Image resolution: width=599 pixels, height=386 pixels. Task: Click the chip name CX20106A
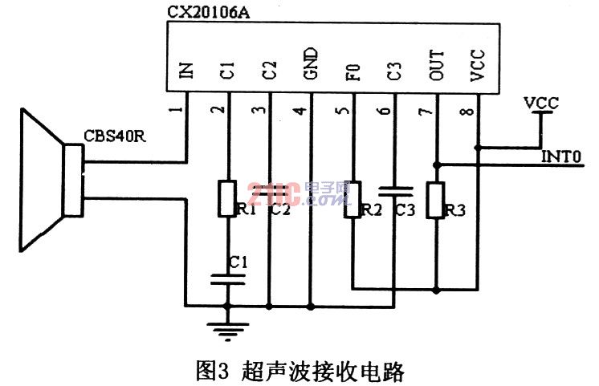(209, 12)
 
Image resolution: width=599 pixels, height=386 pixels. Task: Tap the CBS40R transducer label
(115, 136)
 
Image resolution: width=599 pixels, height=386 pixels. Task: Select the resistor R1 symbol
(227, 199)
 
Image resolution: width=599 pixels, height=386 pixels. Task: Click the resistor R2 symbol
(352, 200)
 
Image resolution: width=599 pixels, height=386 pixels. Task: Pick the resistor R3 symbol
(435, 200)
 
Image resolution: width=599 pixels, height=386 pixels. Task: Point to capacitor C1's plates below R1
(228, 279)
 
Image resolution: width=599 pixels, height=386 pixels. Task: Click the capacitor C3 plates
(396, 191)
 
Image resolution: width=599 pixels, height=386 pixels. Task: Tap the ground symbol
(228, 331)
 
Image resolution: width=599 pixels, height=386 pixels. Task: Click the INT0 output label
(561, 156)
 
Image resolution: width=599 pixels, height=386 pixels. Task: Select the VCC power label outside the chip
(541, 103)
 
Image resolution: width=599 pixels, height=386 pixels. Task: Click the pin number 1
(176, 110)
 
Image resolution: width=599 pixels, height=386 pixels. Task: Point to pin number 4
(300, 111)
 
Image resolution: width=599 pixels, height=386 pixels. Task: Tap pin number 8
(467, 112)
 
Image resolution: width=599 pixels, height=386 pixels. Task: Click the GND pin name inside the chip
(311, 63)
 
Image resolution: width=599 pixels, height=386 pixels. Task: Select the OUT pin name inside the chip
(436, 65)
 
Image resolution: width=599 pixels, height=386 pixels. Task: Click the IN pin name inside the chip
(186, 71)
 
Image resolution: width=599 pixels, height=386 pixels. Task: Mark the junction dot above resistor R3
(436, 165)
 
